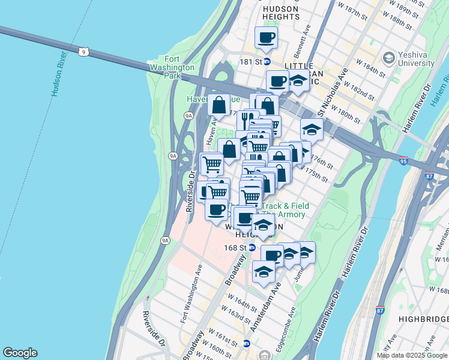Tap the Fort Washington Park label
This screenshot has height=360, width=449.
pos(181,68)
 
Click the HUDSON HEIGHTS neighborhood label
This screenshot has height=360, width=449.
pos(281,13)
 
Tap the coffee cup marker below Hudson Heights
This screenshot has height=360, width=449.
pos(266,38)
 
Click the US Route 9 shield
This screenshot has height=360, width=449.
pos(84,52)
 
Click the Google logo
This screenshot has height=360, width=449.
pos(20,353)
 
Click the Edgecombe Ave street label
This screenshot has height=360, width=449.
pos(292,322)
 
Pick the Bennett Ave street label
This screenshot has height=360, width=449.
pos(306,38)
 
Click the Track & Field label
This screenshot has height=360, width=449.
pos(285,206)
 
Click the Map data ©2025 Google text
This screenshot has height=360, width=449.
pos(411,355)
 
